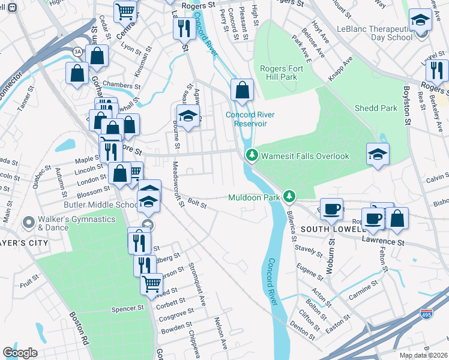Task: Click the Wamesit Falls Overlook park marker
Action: tap(252, 155)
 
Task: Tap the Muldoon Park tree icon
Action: tap(290, 196)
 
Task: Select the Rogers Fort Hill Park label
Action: tap(281, 73)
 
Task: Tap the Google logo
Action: tap(20, 352)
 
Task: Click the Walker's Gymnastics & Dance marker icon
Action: tap(28, 223)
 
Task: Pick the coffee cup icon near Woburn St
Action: tap(331, 209)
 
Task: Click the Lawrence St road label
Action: tap(382, 241)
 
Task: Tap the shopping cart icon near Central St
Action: tap(125, 10)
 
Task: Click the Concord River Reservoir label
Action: tap(254, 119)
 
